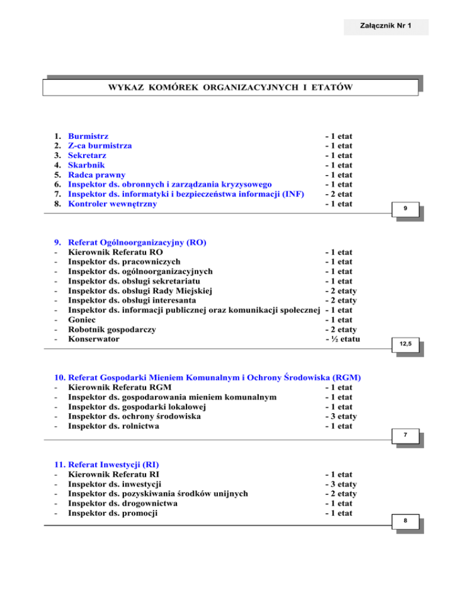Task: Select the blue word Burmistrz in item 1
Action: (88, 136)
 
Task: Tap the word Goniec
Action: (83, 320)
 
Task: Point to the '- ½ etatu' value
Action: (342, 339)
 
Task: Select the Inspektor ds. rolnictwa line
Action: (113, 426)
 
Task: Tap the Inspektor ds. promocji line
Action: (113, 513)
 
